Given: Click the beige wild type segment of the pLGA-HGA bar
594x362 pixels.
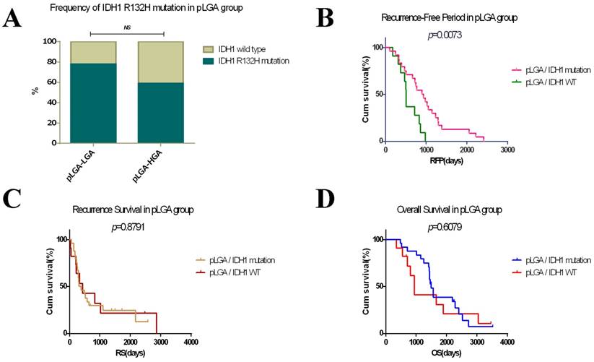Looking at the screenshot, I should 160,61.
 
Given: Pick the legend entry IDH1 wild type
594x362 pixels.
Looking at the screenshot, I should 232,47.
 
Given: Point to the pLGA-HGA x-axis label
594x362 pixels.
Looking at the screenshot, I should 151,163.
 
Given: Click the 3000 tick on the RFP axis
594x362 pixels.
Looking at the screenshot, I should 507,150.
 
